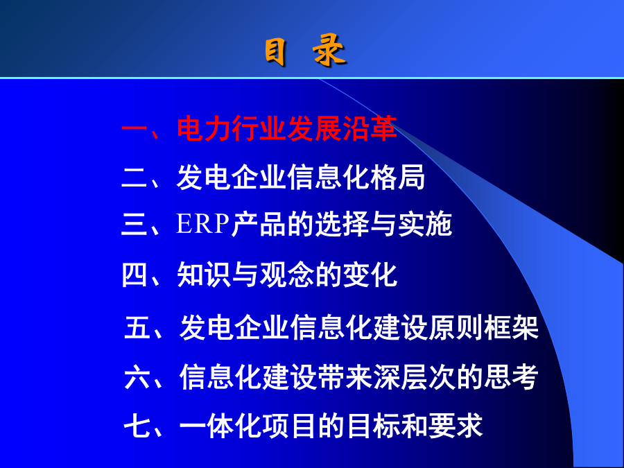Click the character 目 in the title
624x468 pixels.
point(275,52)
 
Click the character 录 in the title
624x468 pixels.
point(329,50)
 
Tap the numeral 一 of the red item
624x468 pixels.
point(135,128)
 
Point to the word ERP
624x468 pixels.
point(202,224)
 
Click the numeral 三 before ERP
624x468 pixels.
point(135,224)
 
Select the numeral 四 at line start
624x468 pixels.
point(135,275)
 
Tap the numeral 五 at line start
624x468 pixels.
point(137,327)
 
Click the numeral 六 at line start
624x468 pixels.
point(137,376)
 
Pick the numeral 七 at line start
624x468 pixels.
point(137,426)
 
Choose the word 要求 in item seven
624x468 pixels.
point(456,426)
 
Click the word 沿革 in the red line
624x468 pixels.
point(370,128)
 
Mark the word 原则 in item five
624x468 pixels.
point(456,327)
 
